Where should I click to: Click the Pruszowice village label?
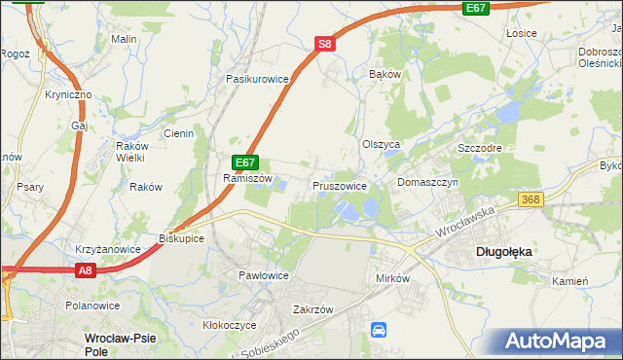(340, 185)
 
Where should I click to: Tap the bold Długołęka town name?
(502, 251)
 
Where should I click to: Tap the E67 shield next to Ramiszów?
(245, 163)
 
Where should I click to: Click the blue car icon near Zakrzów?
(379, 331)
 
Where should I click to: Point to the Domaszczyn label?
(428, 182)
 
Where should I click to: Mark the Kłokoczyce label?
(229, 325)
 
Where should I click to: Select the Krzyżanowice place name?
(108, 249)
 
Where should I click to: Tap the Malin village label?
(123, 39)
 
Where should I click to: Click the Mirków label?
(395, 277)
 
